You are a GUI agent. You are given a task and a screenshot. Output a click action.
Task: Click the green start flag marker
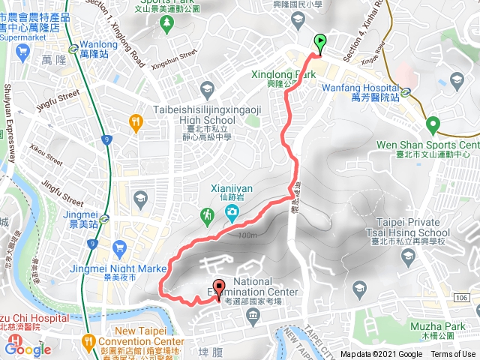pyautogui.click(x=321, y=43)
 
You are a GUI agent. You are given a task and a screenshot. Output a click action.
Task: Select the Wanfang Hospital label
pyautogui.click(x=353, y=87)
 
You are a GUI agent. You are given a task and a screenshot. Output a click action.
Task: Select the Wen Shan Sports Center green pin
pyautogui.click(x=432, y=124)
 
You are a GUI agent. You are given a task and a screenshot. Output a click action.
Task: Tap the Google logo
pyautogui.click(x=28, y=348)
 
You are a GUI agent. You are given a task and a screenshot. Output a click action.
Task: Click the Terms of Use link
pyautogui.click(x=453, y=355)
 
